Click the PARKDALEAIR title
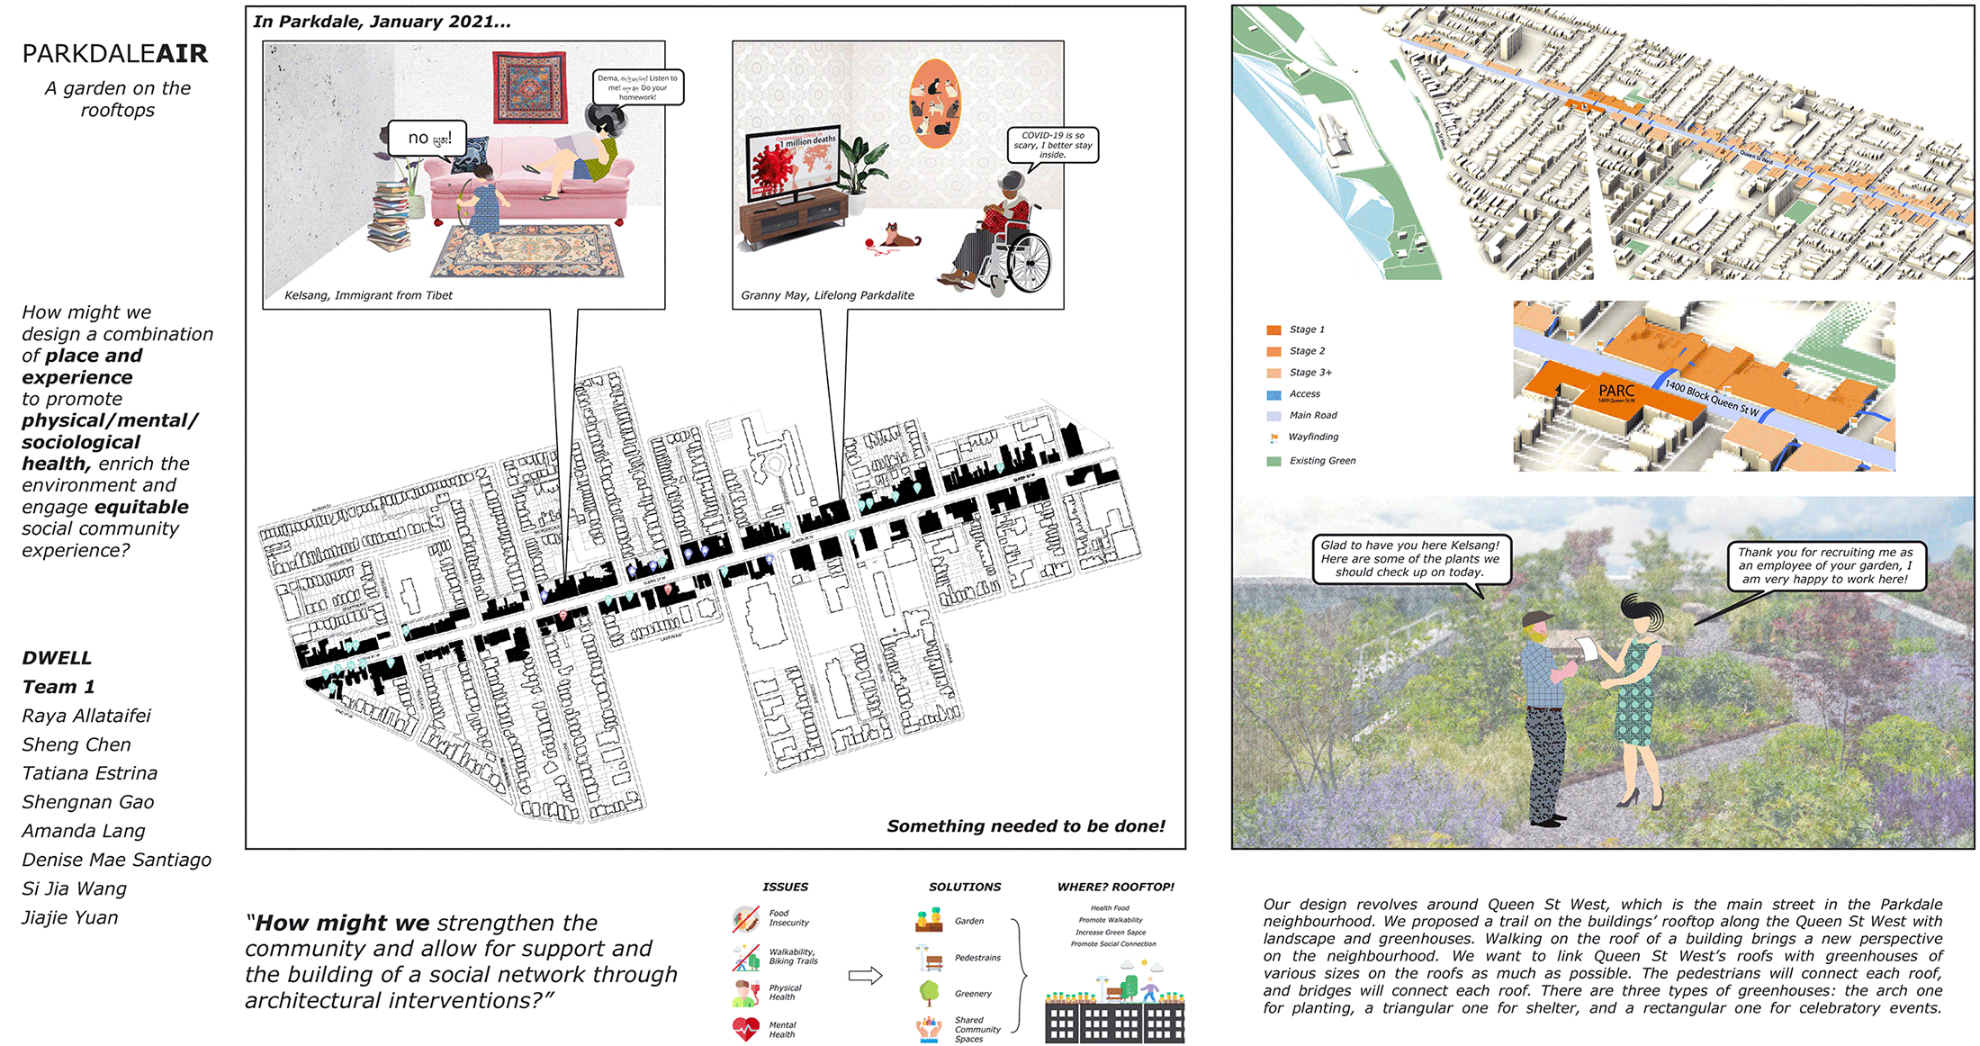115,54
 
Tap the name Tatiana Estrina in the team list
89,773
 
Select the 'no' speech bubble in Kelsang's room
427,139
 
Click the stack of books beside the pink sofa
391,216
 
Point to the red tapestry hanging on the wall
529,86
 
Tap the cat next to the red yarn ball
899,236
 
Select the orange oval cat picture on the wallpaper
935,104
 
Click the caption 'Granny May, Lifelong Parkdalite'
827,295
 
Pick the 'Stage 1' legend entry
1306,329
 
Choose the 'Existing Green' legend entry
1321,461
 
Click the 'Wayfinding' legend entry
1312,437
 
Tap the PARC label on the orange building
1616,391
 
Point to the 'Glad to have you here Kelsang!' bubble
1410,558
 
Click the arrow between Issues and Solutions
865,976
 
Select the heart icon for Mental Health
746,1028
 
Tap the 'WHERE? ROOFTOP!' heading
1116,887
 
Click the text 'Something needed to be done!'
1025,826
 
